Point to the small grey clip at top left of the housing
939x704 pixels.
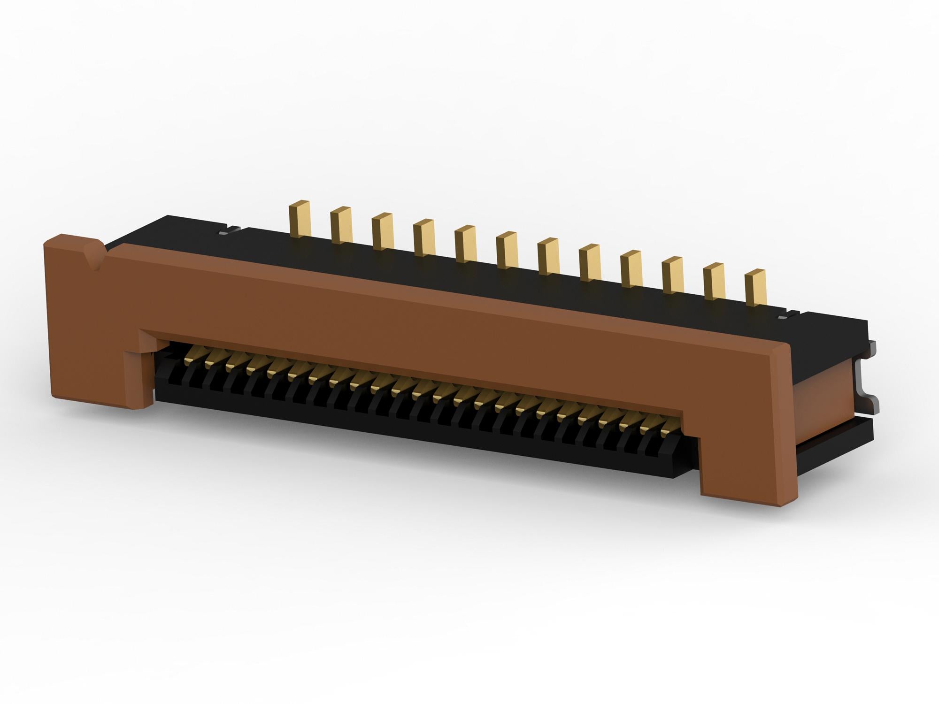[x=229, y=230]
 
